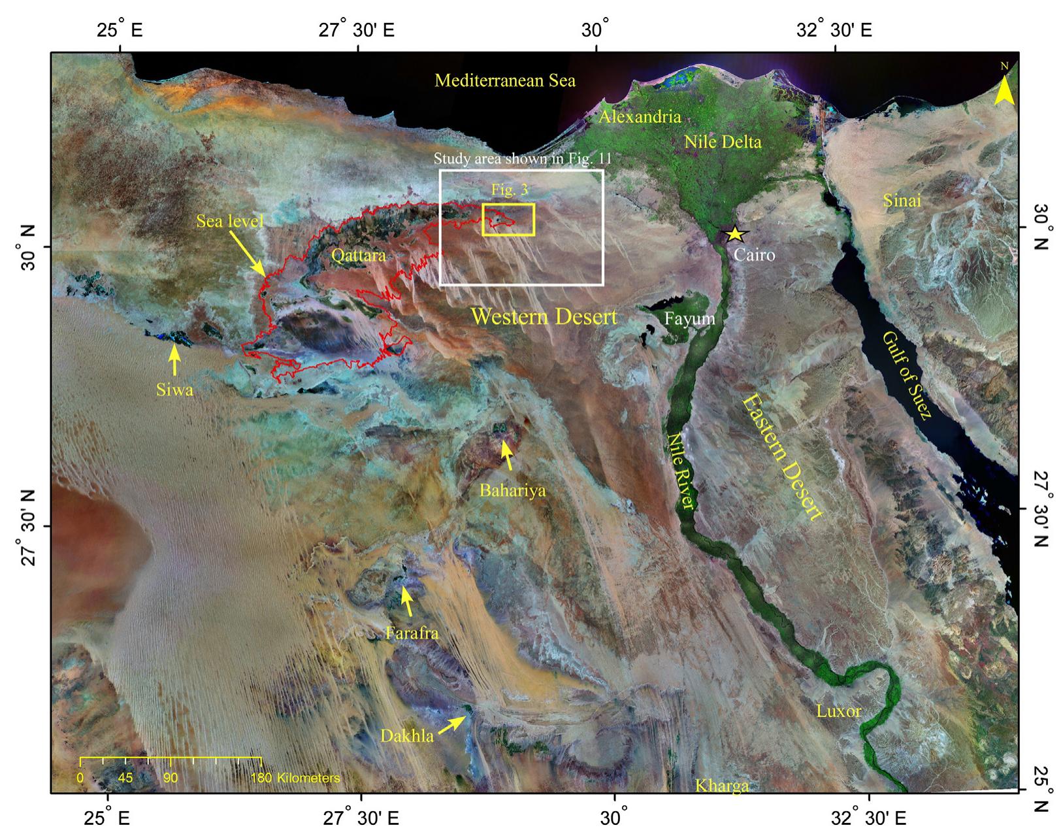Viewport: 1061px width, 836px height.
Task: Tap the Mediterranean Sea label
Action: (505, 81)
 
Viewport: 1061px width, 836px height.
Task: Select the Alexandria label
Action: (640, 118)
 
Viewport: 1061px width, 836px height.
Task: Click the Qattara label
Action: (358, 255)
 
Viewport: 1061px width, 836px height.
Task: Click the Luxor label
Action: (839, 711)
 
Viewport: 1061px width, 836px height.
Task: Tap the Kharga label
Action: (721, 785)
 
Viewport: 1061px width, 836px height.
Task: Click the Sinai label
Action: (902, 201)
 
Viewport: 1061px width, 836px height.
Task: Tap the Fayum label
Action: (691, 319)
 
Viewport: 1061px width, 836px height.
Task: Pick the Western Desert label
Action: (544, 317)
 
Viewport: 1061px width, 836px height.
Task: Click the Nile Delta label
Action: (723, 141)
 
